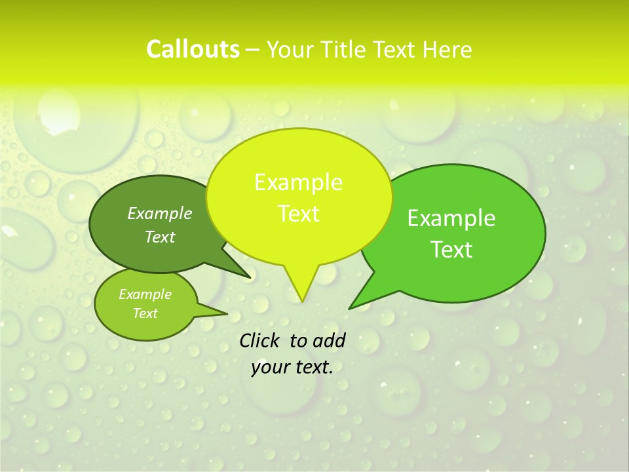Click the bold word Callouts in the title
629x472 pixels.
tap(193, 49)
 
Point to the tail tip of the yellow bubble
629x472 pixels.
tap(302, 302)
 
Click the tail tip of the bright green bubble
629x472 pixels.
tap(349, 308)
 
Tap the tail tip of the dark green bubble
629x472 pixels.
tap(250, 277)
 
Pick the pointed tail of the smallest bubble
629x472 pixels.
tap(227, 313)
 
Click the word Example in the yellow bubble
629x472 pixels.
tap(298, 182)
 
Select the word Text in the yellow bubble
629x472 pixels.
tap(298, 214)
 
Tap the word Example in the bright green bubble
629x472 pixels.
tap(451, 218)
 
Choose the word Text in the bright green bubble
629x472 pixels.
tap(451, 250)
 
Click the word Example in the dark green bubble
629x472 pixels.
tap(160, 213)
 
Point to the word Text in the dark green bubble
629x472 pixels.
tap(160, 237)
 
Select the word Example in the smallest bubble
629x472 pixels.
tap(145, 294)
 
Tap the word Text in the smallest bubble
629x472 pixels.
tap(145, 313)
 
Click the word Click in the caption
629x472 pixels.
tap(260, 340)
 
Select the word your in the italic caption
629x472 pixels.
tap(270, 367)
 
